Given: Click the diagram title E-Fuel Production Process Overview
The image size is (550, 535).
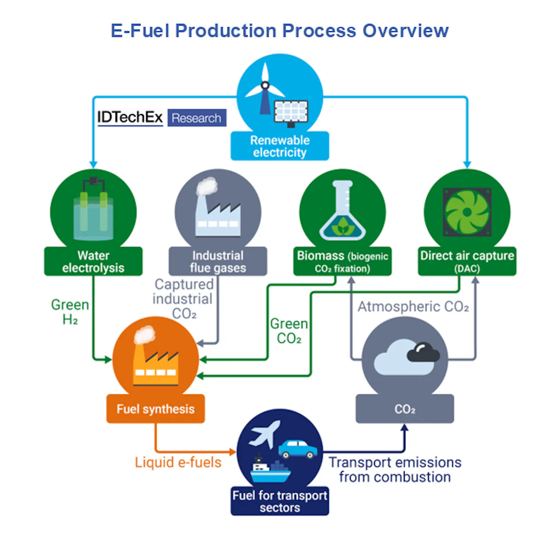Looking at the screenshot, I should pos(280,31).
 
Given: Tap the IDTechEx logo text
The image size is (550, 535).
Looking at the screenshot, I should pos(130,117).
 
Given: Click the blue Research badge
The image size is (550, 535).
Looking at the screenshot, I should pos(197,118).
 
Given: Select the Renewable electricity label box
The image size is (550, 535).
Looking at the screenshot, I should pos(280,146).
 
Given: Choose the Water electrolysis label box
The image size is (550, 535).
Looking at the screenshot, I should pos(93,261).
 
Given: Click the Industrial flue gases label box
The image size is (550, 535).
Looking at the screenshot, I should pos(218,261).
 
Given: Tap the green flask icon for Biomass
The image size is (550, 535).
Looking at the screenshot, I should pos(342,211).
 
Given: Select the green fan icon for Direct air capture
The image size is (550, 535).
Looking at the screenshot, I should pos(467,212).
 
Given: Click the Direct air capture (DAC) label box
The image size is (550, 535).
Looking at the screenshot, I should pos(467,261).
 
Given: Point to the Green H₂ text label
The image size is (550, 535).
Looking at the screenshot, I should pos(70,312).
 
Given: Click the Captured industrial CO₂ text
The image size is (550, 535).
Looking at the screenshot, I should pos(183,299).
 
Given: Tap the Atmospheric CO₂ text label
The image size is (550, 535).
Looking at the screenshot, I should pos(413,306).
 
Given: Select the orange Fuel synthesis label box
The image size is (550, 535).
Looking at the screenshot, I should pos(155,409).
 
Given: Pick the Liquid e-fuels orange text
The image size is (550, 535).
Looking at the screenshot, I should pos(178,462).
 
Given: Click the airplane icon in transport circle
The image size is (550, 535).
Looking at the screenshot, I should pos(264,433).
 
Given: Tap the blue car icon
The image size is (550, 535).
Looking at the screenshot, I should pos(297,449).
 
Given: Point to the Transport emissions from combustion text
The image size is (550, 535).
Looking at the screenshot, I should pos(395,469).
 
